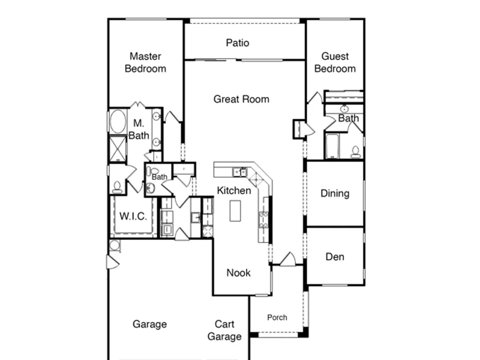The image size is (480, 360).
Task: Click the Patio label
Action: (238, 43)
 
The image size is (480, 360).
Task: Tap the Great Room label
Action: (241, 99)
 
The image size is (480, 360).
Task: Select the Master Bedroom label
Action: (145, 62)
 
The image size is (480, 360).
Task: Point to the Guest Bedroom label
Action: (335, 62)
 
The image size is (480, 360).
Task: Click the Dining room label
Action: (335, 193)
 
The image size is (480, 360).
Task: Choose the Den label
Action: (335, 256)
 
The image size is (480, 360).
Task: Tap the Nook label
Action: (239, 273)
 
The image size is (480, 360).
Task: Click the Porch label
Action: (277, 317)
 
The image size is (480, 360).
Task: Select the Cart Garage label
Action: (224, 330)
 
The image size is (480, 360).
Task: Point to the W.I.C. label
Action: (133, 216)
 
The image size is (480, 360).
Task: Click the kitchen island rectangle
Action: (235, 211)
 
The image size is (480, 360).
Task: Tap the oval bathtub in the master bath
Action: (118, 121)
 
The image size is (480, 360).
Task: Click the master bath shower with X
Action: (118, 149)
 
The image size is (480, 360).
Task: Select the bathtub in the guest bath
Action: (332, 146)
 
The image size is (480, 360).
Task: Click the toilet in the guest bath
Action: (355, 152)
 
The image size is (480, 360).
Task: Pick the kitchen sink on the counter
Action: (239, 172)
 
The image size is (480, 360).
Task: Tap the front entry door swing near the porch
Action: (288, 259)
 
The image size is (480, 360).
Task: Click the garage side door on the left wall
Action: (113, 262)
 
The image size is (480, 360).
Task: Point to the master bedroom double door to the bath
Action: (138, 104)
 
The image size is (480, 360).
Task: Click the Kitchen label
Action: (234, 191)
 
